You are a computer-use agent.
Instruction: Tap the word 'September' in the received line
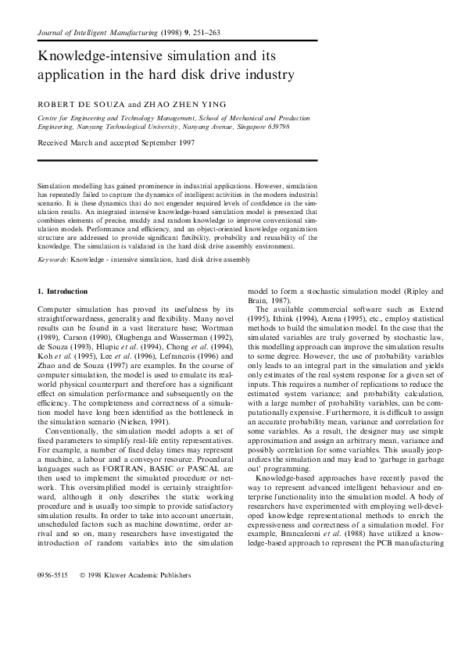[152, 143]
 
